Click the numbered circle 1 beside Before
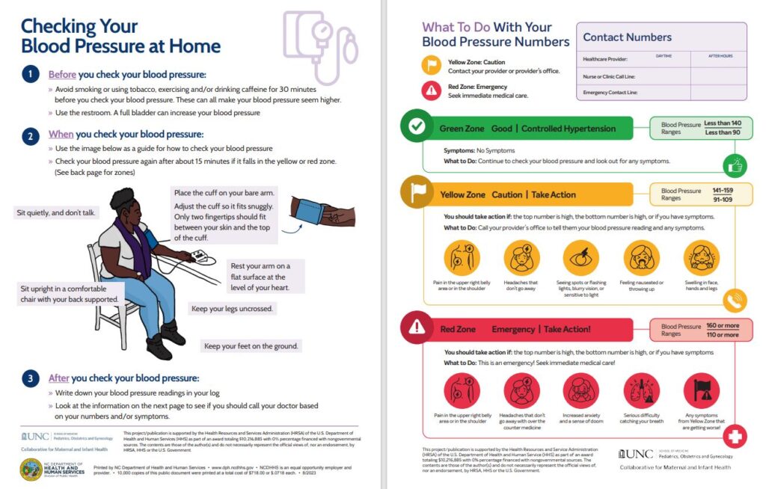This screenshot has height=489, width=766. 30,74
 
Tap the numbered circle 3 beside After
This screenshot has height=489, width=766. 30,378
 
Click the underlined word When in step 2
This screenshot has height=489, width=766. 61,135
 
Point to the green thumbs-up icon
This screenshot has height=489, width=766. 735,164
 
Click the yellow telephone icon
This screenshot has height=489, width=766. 735,301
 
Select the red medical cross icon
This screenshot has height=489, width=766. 735,436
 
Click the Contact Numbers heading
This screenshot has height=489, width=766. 627,37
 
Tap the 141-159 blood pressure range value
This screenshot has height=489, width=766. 722,191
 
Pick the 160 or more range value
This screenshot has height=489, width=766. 722,326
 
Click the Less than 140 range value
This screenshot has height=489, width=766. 722,123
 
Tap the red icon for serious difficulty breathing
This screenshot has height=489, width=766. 641,391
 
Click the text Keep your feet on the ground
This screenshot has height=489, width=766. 252,345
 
